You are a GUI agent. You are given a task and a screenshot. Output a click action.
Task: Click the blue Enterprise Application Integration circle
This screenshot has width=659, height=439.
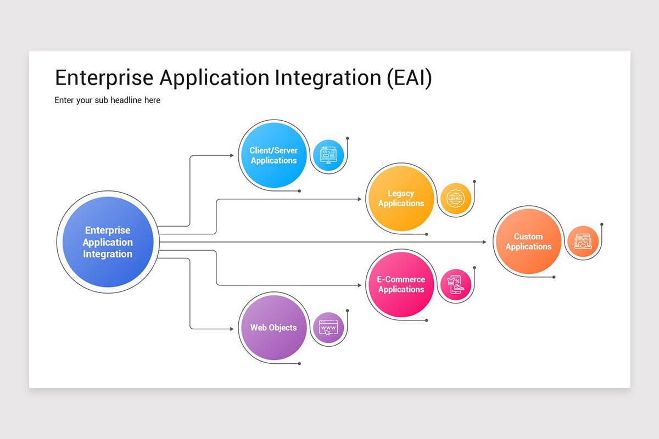(x=108, y=242)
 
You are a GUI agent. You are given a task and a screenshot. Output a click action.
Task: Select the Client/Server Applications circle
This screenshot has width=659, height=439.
(x=273, y=156)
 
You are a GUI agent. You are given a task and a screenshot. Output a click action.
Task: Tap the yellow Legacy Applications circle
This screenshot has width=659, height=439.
(x=401, y=198)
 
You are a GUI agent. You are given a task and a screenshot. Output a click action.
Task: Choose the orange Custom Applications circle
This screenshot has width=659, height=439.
(x=528, y=241)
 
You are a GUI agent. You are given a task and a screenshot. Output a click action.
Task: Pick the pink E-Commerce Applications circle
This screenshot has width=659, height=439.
(x=401, y=284)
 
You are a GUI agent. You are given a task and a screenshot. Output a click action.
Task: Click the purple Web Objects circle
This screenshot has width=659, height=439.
(x=273, y=328)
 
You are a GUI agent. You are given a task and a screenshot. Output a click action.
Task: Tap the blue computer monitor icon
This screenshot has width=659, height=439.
(x=328, y=155)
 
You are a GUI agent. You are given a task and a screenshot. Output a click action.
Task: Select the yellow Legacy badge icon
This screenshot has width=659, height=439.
(x=456, y=198)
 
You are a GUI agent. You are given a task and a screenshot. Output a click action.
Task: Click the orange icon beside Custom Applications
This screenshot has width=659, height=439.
(x=583, y=241)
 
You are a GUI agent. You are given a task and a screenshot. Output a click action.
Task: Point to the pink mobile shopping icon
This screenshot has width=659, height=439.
(x=456, y=284)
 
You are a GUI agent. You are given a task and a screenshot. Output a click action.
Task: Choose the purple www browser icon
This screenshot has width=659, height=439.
(x=328, y=328)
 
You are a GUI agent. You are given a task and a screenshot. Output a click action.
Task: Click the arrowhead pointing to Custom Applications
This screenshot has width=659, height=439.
(x=484, y=241)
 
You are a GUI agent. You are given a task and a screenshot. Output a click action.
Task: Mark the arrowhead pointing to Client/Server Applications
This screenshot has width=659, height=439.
(x=231, y=156)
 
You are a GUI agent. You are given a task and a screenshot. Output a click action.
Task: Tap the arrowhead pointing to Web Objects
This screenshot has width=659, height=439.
(x=231, y=329)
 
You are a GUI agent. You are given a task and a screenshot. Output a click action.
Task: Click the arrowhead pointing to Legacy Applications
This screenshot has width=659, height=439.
(x=359, y=199)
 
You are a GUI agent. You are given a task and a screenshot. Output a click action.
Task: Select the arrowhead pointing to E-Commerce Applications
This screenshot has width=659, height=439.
(x=359, y=285)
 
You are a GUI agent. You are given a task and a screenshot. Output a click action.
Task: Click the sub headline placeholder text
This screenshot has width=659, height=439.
(x=108, y=100)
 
